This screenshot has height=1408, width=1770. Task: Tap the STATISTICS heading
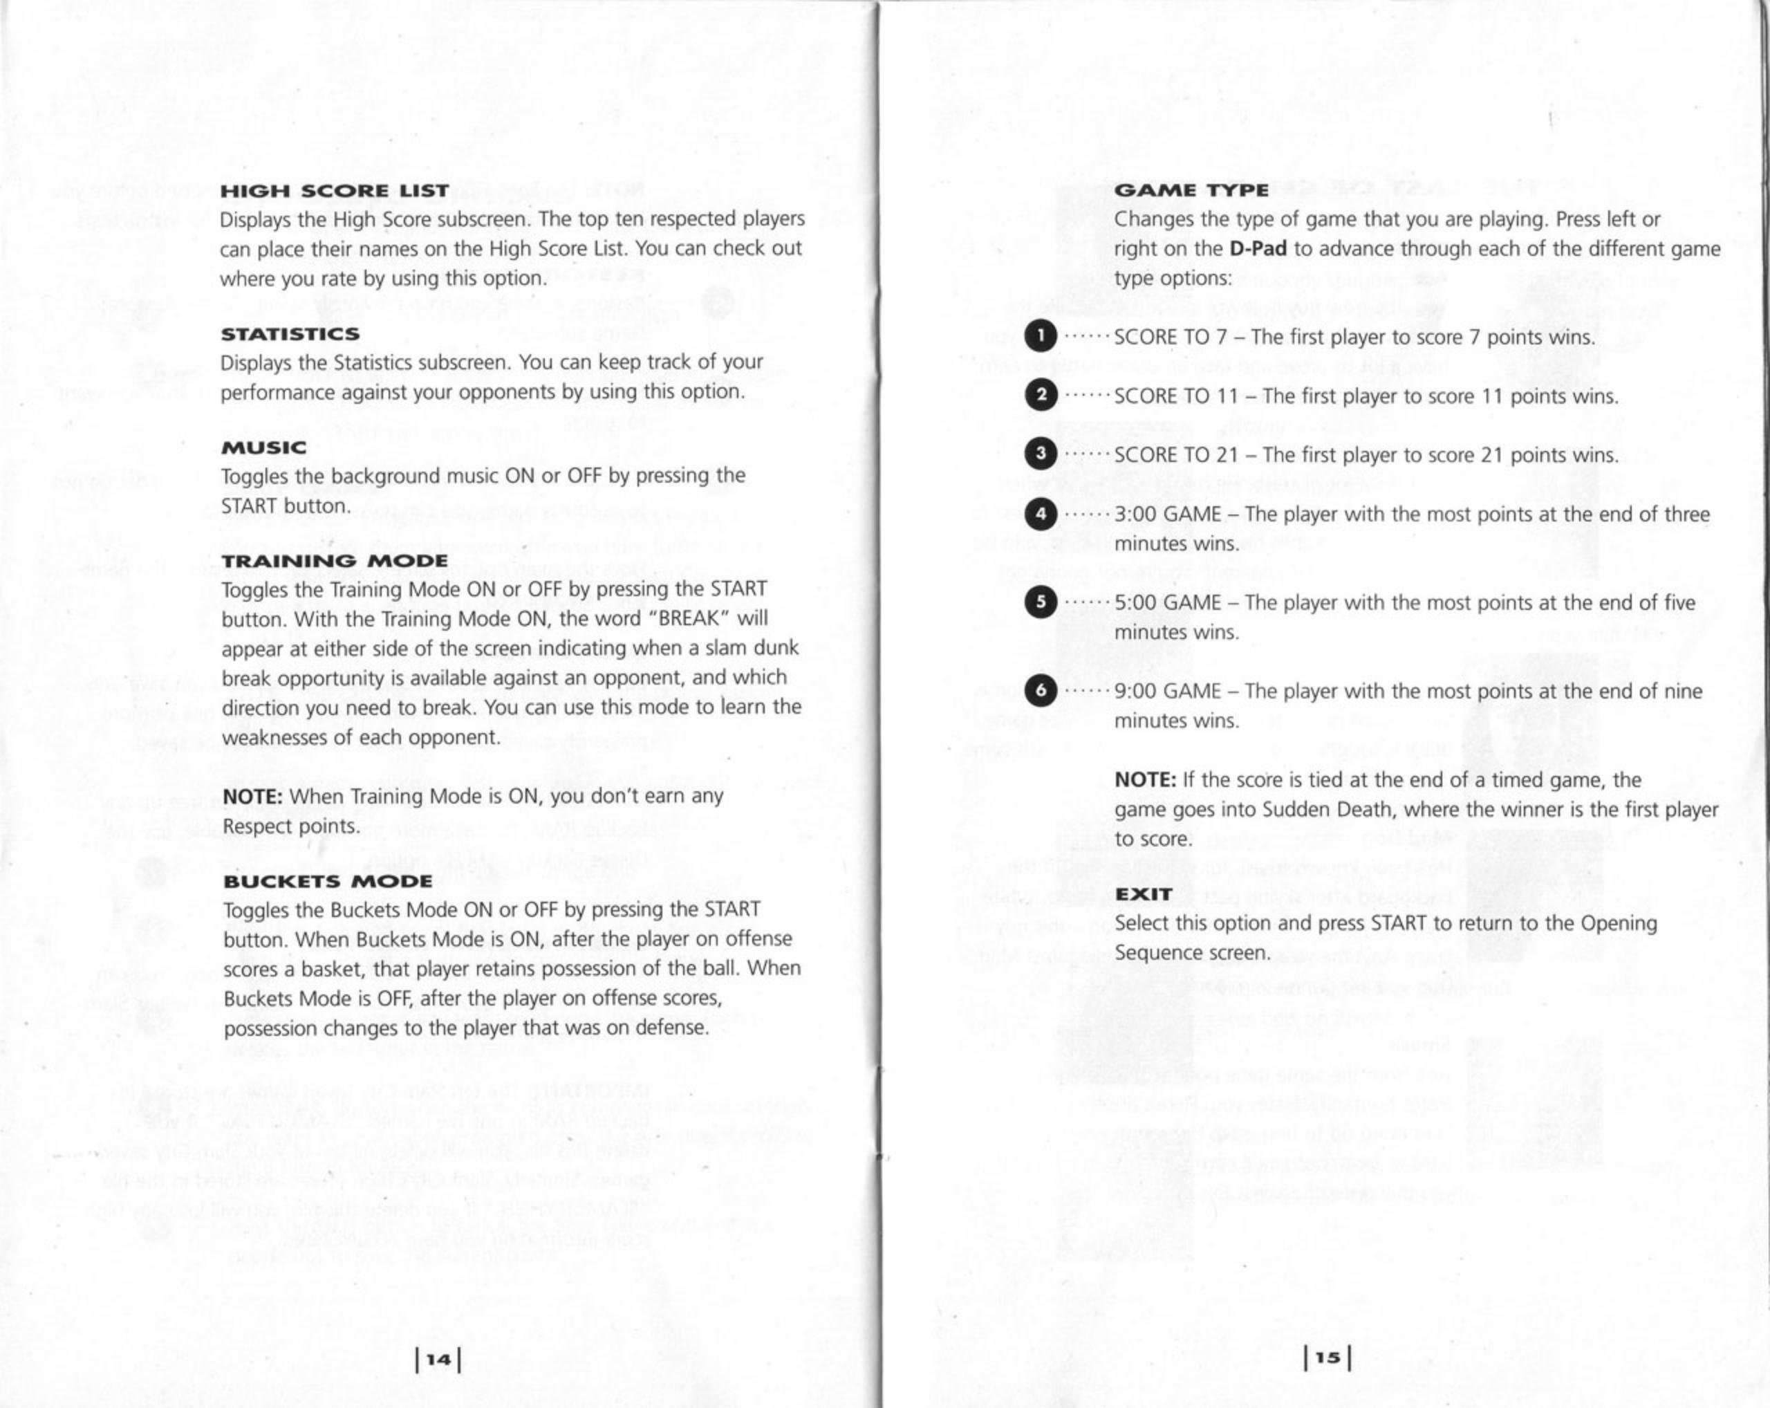click(x=290, y=334)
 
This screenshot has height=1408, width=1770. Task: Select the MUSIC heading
click(x=263, y=447)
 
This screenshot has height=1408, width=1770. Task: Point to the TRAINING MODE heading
click(x=335, y=561)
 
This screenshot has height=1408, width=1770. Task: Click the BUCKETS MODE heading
click(x=328, y=881)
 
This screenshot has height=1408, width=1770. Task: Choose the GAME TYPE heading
click(x=1191, y=190)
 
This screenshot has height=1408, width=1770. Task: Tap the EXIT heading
click(x=1143, y=894)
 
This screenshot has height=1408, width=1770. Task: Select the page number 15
click(x=1327, y=1358)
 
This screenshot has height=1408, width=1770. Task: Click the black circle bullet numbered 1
click(x=1041, y=337)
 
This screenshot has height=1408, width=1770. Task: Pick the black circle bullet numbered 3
click(x=1041, y=455)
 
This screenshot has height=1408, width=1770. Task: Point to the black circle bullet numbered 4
click(x=1041, y=515)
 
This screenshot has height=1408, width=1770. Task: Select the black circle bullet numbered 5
click(x=1041, y=602)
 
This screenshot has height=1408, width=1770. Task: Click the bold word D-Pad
click(x=1258, y=249)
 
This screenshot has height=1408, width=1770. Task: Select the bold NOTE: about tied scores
click(x=1145, y=780)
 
